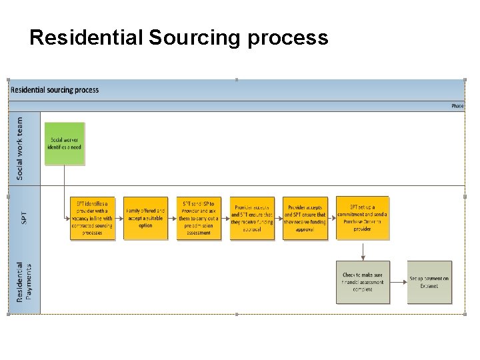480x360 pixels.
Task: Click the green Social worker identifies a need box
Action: [x=64, y=143]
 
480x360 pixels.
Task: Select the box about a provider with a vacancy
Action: [x=92, y=218]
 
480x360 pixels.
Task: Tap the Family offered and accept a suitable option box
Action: [x=145, y=218]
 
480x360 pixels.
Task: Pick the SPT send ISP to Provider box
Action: [x=199, y=218]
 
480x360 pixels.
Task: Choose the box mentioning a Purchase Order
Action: [x=362, y=218]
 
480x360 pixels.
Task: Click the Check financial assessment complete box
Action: [x=362, y=282]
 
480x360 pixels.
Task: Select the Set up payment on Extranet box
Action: [x=429, y=282]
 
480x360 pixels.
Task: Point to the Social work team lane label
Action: [x=20, y=148]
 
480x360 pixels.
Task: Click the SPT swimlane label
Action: [x=23, y=217]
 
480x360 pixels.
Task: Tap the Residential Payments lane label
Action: [x=24, y=281]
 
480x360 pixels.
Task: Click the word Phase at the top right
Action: [x=457, y=106]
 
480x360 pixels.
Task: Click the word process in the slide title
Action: [x=288, y=38]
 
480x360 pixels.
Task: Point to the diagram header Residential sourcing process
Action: [x=55, y=90]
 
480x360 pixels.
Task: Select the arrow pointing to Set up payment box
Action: [x=398, y=283]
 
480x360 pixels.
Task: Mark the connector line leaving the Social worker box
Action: [x=65, y=180]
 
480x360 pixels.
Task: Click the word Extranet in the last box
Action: [x=429, y=286]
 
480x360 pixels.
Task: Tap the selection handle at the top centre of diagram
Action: [x=236, y=79]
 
